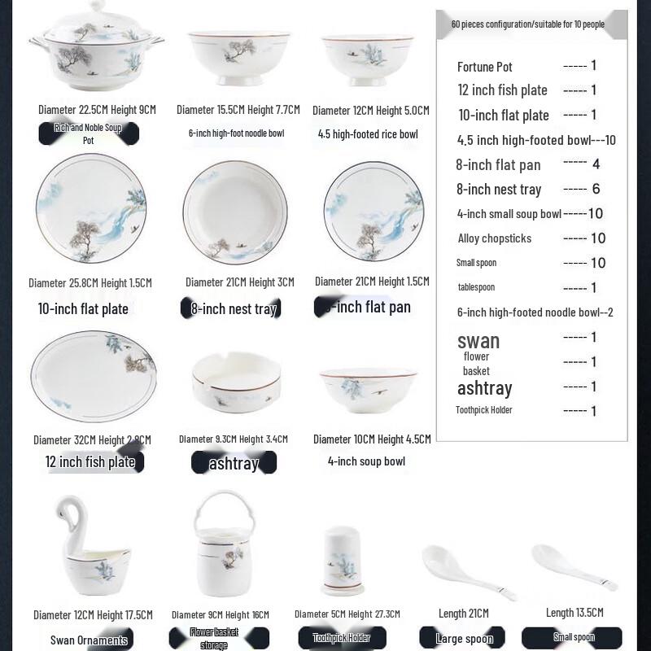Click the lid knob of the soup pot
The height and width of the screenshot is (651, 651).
click(97, 6)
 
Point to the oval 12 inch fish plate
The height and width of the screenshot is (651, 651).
click(93, 376)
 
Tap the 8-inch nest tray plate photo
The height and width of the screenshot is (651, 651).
click(235, 212)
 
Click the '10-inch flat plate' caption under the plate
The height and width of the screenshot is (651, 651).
click(83, 308)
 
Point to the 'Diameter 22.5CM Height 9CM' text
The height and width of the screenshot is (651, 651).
click(97, 109)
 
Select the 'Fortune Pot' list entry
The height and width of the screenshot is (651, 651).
click(485, 67)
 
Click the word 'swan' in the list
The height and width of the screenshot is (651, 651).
click(478, 340)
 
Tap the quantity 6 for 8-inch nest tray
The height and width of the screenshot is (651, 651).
click(596, 188)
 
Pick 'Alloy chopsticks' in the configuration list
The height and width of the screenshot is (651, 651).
click(495, 238)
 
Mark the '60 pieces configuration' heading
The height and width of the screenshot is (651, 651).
click(528, 24)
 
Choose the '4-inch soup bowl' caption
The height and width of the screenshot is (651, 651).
click(366, 461)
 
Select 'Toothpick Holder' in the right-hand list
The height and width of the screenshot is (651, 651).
click(484, 410)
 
